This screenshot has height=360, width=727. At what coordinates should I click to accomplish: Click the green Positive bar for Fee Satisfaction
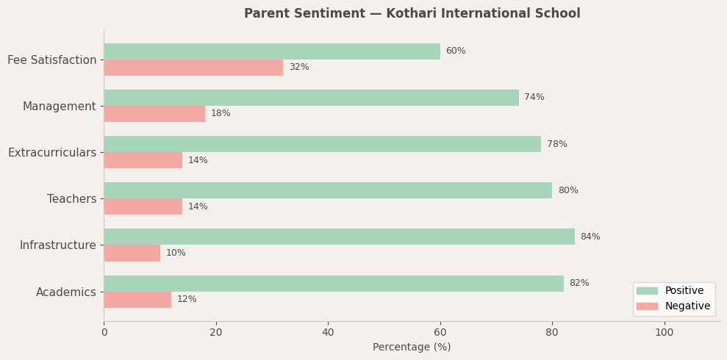(272, 51)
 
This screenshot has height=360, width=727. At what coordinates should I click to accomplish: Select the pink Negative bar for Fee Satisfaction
(193, 68)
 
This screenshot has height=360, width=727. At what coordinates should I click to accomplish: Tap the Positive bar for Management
(311, 98)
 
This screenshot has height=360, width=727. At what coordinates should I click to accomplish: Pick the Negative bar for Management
(154, 114)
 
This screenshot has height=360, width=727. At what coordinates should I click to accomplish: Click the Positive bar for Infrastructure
(339, 237)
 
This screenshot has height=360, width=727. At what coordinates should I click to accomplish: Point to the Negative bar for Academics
(137, 300)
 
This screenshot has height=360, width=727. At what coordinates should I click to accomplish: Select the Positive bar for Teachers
(328, 190)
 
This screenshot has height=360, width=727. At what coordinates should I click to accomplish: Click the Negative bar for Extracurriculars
(143, 160)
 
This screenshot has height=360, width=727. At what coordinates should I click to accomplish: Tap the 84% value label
(590, 237)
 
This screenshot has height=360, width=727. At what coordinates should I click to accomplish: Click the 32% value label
(298, 68)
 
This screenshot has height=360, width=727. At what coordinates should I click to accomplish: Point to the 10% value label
(176, 253)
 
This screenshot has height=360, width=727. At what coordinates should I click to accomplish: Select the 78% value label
(556, 144)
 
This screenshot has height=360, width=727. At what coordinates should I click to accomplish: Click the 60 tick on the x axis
(440, 333)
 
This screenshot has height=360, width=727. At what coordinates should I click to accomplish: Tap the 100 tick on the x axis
(664, 333)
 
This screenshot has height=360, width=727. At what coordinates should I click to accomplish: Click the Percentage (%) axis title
(412, 348)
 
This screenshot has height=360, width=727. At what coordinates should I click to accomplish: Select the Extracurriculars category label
(52, 153)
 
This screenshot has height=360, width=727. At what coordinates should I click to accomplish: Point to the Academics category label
(66, 292)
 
